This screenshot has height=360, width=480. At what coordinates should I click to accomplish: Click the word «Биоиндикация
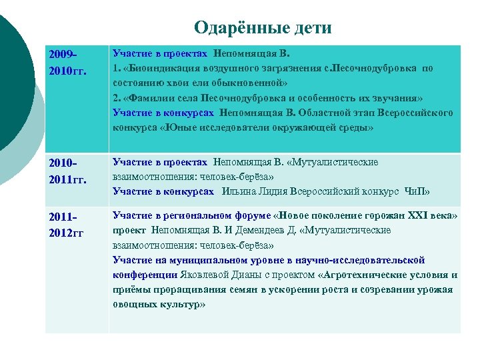click(x=157, y=68)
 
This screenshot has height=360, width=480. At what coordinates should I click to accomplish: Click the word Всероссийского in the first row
click(x=414, y=112)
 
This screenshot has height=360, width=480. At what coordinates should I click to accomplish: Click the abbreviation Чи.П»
click(x=417, y=192)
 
